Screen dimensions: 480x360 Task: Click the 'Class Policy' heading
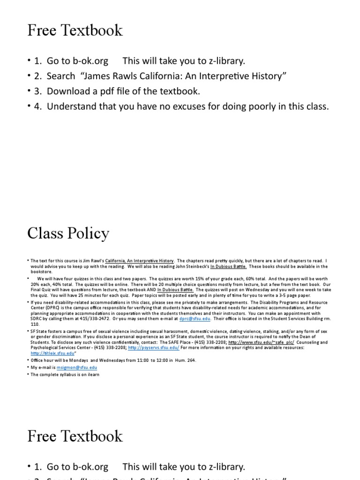pos(68,233)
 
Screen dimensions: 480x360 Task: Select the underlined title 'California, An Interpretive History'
pos(139,261)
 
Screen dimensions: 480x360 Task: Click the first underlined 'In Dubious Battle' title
pos(235,266)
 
